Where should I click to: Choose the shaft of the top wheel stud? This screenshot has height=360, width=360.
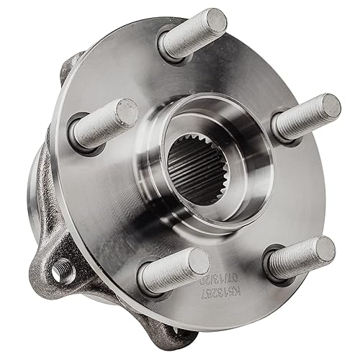coord(189,37)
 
